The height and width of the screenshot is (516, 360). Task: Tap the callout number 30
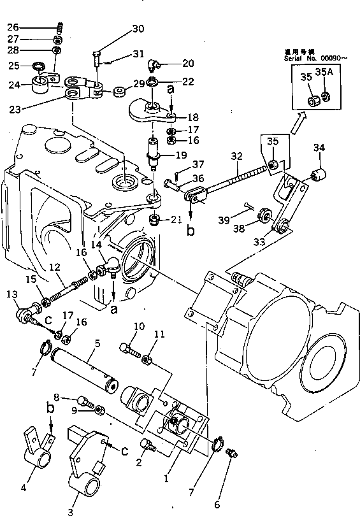point(138,29)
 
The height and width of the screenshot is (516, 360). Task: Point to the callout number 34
point(320,148)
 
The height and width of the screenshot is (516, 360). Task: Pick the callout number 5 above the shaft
point(97,343)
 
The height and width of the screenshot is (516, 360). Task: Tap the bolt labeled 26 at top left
point(60,27)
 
